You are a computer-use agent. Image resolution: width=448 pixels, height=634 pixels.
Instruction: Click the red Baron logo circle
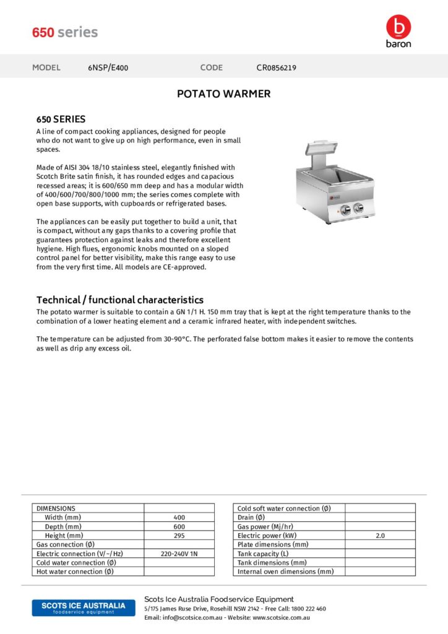pyautogui.click(x=397, y=27)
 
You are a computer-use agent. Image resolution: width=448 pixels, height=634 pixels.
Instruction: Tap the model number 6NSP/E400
pyautogui.click(x=108, y=68)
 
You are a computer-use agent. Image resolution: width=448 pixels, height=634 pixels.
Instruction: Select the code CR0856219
pyautogui.click(x=276, y=68)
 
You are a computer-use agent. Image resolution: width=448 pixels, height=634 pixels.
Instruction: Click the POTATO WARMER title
pyautogui.click(x=223, y=94)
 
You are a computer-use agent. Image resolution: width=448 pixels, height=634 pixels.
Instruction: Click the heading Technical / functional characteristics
pyautogui.click(x=120, y=300)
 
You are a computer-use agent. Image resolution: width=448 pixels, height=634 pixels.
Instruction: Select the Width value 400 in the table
pyautogui.click(x=179, y=518)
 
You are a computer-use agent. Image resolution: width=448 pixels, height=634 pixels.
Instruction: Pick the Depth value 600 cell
pyautogui.click(x=179, y=526)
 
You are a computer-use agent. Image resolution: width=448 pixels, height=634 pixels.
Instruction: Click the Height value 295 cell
pyautogui.click(x=179, y=536)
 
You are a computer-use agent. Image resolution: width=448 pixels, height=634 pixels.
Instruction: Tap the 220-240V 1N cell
pyautogui.click(x=179, y=554)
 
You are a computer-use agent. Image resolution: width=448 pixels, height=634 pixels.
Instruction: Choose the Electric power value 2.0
pyautogui.click(x=380, y=536)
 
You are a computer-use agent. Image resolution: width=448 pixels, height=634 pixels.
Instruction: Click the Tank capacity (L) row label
pyautogui.click(x=263, y=554)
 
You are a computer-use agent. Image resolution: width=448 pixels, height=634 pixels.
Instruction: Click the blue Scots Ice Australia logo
pyautogui.click(x=83, y=607)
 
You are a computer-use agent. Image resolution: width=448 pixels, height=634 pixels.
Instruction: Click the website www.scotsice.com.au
pyautogui.click(x=281, y=618)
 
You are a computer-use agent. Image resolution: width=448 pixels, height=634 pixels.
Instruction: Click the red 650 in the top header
pyautogui.click(x=43, y=32)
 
